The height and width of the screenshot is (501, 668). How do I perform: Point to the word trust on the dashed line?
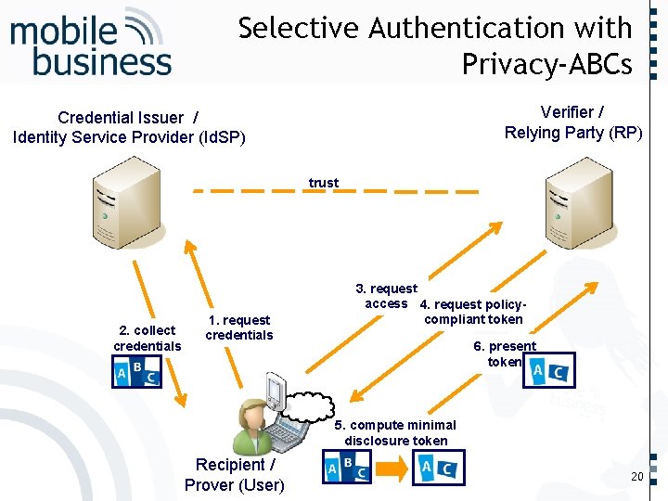[324, 183]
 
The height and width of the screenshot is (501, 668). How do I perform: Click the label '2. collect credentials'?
[148, 338]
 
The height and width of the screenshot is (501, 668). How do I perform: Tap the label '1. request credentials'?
[238, 328]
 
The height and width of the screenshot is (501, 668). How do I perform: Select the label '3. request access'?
[387, 296]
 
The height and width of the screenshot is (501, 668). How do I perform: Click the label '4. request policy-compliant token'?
[473, 312]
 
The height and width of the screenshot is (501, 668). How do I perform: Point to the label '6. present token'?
[505, 353]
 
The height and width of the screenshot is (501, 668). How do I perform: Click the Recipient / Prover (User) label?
[235, 474]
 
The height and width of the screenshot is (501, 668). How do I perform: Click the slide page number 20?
[636, 476]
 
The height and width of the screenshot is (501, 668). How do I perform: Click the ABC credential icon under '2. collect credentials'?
[136, 373]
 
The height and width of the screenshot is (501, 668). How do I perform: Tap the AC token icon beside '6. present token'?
[549, 372]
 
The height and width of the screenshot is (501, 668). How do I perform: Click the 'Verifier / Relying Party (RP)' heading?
[572, 122]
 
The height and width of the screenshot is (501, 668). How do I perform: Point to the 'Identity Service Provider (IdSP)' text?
[129, 137]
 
